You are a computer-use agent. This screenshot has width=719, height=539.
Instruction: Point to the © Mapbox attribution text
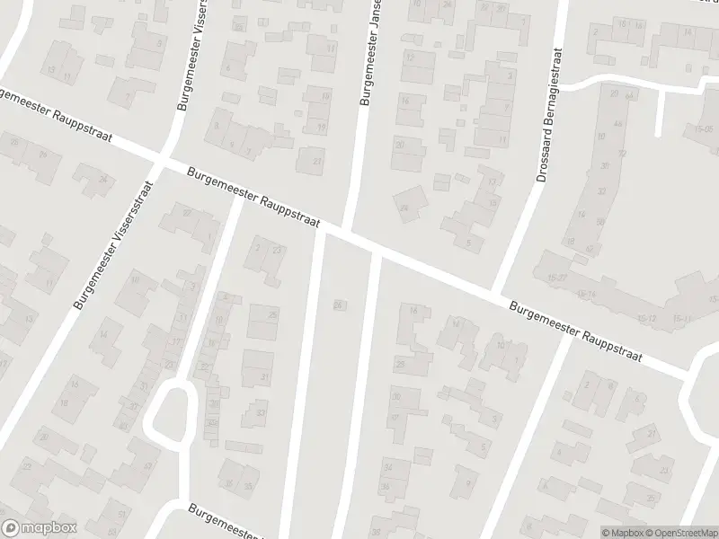621,532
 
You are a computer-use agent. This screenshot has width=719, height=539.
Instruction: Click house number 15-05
703,129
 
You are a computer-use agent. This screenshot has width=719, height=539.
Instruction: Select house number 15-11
682,319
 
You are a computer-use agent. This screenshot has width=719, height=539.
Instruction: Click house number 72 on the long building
621,154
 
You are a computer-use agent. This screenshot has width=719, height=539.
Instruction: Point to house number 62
590,249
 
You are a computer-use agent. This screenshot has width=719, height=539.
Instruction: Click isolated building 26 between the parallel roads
338,304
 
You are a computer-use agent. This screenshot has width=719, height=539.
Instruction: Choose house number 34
388,467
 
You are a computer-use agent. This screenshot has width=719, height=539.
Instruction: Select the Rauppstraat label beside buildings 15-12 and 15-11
575,332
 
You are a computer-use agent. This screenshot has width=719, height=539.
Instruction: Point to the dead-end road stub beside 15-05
661,112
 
